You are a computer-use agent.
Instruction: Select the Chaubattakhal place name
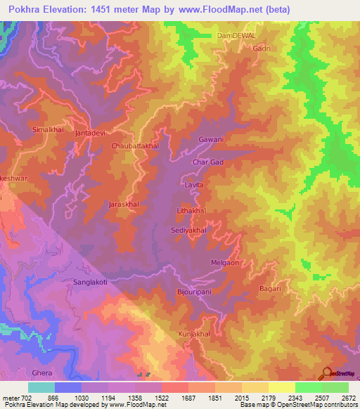(136, 145)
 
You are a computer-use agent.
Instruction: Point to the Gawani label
(211, 139)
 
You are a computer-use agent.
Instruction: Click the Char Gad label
(208, 162)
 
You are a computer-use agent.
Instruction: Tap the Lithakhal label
(191, 211)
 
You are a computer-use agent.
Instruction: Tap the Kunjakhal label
(194, 334)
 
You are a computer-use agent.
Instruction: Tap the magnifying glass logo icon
(326, 373)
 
